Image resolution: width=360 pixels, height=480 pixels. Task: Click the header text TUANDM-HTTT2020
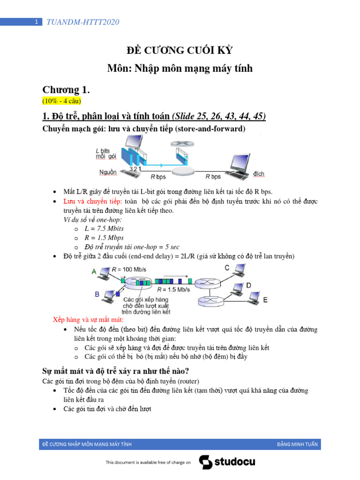pyautogui.click(x=82, y=22)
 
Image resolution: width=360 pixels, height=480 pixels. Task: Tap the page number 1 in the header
pyautogui.click(x=36, y=22)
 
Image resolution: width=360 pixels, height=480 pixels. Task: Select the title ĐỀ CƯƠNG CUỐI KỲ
pyautogui.click(x=180, y=51)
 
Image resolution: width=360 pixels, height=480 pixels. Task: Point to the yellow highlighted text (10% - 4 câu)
pyautogui.click(x=61, y=100)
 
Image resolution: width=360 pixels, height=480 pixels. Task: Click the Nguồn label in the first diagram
pyautogui.click(x=108, y=173)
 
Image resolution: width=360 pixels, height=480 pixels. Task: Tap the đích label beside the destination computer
pyautogui.click(x=259, y=174)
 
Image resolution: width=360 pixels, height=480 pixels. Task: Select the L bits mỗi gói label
pyautogui.click(x=105, y=154)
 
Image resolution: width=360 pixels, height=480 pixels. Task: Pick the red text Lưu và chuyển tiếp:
pyautogui.click(x=92, y=201)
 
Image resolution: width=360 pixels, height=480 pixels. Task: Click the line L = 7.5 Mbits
pyautogui.click(x=104, y=228)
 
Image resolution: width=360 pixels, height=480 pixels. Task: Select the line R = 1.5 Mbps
pyautogui.click(x=104, y=238)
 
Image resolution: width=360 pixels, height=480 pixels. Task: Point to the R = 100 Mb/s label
pyautogui.click(x=129, y=270)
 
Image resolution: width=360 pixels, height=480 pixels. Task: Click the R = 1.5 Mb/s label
pyautogui.click(x=173, y=290)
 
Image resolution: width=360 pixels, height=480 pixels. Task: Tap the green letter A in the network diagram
pyautogui.click(x=94, y=271)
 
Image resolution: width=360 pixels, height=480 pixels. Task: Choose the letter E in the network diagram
pyautogui.click(x=265, y=300)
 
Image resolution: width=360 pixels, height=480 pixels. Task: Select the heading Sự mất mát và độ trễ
pyautogui.click(x=116, y=371)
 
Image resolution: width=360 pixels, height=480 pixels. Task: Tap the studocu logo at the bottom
pyautogui.click(x=227, y=462)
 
